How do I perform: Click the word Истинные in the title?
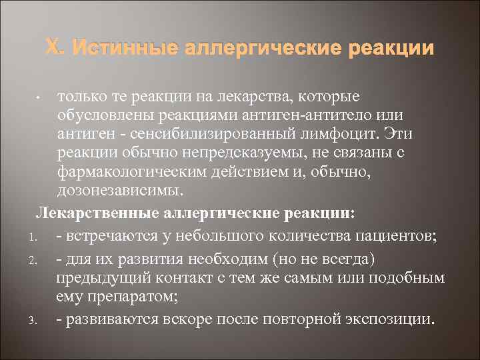point(125,49)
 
